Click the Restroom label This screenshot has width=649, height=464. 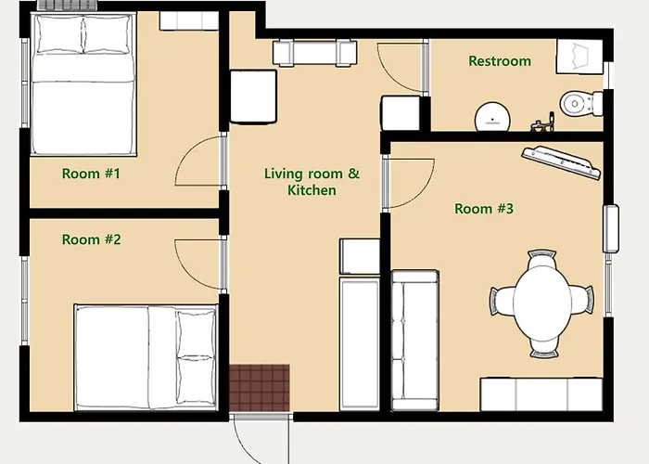500,61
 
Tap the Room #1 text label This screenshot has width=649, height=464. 91,174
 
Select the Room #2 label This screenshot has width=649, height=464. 92,239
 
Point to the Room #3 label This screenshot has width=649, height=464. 484,209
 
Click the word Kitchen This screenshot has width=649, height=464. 312,190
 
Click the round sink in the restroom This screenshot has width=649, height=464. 492,117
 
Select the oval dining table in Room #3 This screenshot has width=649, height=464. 542,303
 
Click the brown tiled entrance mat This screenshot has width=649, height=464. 260,388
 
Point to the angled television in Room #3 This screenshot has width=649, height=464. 561,162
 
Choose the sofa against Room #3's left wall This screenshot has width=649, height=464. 415,341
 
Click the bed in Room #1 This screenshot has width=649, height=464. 83,85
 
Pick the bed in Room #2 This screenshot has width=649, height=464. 146,357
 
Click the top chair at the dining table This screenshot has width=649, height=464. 541,259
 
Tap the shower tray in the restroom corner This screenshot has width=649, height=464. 579,57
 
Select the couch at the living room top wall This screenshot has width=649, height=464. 314,53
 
